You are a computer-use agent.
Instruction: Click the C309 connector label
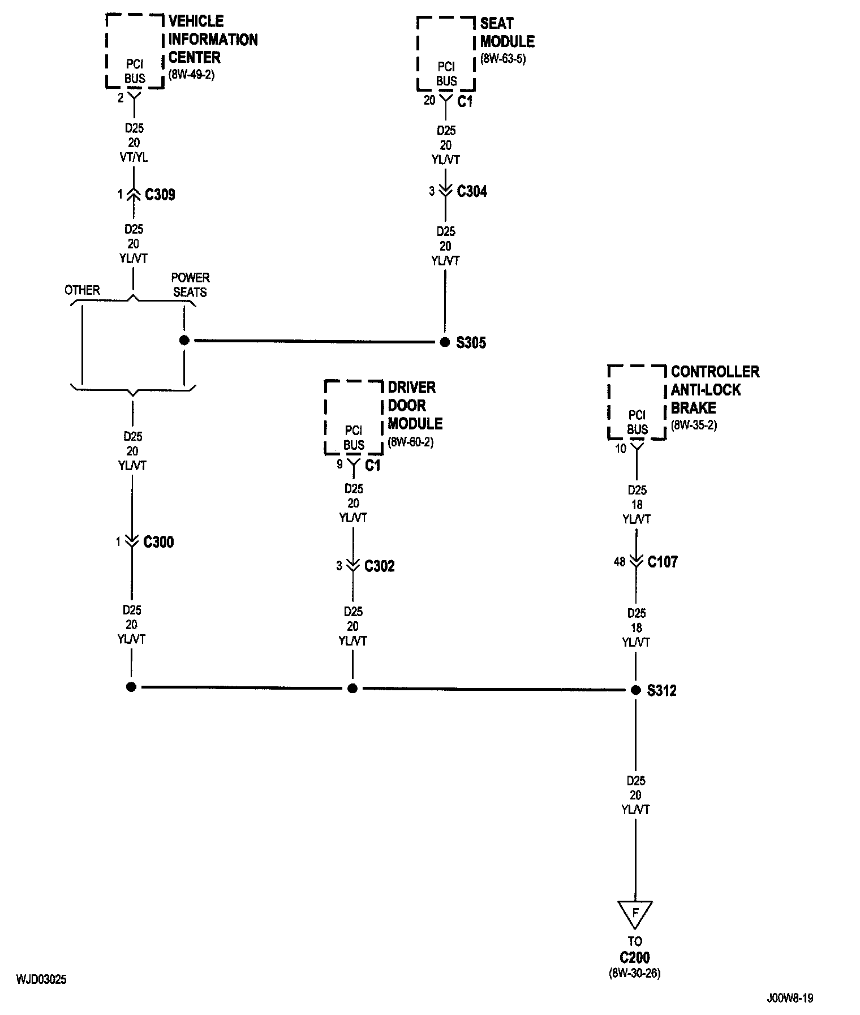(160, 195)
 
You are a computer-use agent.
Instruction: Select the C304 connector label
(472, 191)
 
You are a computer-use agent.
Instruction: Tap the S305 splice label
(471, 342)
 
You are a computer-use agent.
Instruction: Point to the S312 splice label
(662, 691)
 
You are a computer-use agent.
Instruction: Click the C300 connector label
(158, 542)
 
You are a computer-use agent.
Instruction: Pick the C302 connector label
(380, 566)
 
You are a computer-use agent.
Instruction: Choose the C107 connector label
(663, 562)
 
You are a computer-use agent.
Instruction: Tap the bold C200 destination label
(635, 958)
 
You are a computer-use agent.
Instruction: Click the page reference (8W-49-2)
(191, 74)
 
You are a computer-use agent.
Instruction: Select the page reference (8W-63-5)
(503, 58)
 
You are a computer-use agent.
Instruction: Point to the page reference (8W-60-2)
(410, 442)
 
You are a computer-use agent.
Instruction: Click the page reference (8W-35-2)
(694, 425)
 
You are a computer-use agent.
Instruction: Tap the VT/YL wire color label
(135, 157)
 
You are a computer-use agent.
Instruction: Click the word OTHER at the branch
(82, 290)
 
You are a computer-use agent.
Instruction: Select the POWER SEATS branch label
(190, 285)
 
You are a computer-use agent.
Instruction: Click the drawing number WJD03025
(41, 979)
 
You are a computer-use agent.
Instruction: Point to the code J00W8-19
(790, 998)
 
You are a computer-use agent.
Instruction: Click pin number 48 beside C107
(620, 562)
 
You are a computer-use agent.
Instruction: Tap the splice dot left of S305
(184, 341)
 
